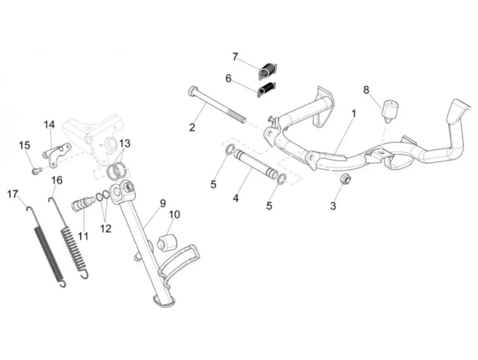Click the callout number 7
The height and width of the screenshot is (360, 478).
tap(235, 57)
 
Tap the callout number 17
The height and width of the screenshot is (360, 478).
tap(13, 194)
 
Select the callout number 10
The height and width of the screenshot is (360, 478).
tap(174, 215)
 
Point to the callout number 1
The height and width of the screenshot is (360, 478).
tap(354, 114)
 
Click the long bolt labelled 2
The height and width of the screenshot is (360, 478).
tap(217, 105)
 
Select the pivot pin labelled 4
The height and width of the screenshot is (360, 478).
tap(256, 165)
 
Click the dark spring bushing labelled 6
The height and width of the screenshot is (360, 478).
tap(266, 90)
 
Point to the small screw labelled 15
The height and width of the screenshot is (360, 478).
tap(36, 170)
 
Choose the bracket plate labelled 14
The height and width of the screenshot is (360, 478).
tap(57, 155)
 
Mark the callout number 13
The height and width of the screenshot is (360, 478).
tap(124, 143)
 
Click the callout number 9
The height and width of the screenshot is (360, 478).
tap(163, 203)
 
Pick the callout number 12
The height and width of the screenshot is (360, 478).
tap(106, 228)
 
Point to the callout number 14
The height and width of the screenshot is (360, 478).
tap(50, 124)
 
